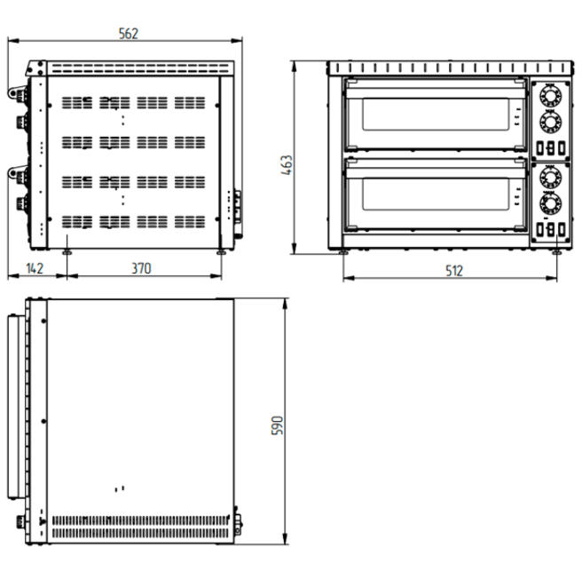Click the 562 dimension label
[x=129, y=34]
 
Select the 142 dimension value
[x=35, y=268]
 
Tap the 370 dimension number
[x=141, y=268]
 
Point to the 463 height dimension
[x=287, y=165]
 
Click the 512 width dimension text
[x=454, y=271]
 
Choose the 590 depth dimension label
[x=278, y=425]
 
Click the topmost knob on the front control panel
[x=550, y=96]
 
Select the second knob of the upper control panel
[x=550, y=122]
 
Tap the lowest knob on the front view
[x=550, y=203]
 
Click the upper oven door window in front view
[x=436, y=114]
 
